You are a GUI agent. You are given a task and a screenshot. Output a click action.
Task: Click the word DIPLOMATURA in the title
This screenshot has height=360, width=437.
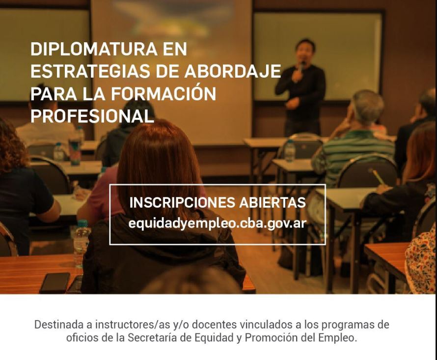94,49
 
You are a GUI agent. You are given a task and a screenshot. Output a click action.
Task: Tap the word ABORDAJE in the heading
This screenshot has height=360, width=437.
232,71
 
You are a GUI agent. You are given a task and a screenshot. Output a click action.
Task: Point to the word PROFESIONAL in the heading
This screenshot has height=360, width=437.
92,116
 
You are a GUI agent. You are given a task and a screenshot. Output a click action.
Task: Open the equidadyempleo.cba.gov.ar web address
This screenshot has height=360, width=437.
218,223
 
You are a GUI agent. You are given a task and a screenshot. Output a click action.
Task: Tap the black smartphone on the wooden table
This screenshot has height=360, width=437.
55,283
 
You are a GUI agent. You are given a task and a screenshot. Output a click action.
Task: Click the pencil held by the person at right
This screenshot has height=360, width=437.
378,176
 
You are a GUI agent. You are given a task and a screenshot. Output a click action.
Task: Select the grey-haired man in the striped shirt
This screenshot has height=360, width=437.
354,139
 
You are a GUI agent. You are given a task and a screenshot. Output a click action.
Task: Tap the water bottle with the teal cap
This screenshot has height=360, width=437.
82,242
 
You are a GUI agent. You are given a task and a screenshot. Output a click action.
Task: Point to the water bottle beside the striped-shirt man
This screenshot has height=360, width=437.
290,151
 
